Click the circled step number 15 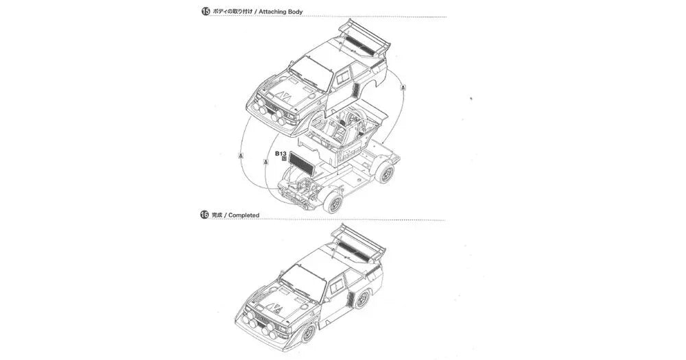(205, 12)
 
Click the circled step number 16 (204, 215)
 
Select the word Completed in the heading (244, 215)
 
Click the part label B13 (281, 154)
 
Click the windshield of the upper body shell (312, 71)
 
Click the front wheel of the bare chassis (333, 202)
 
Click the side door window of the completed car (337, 284)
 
